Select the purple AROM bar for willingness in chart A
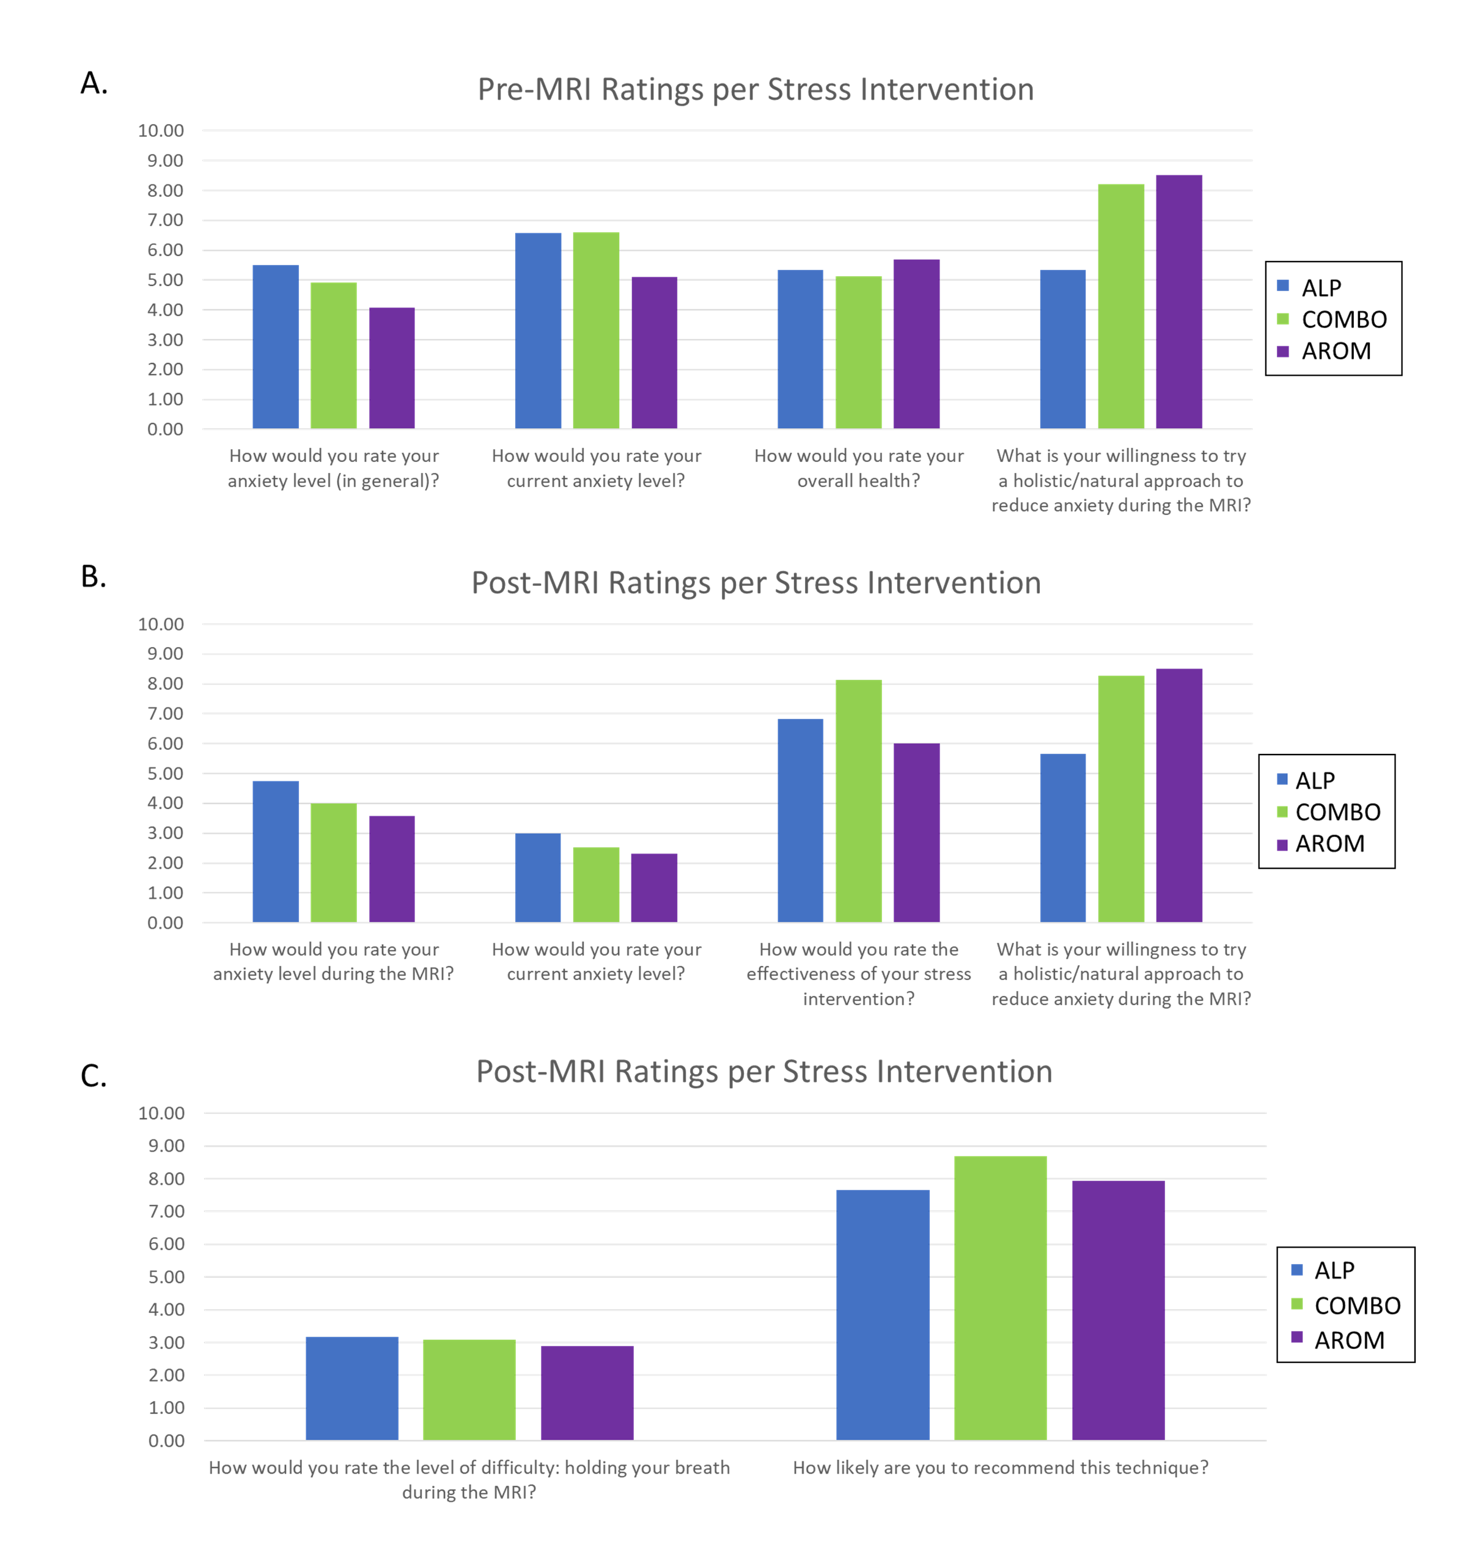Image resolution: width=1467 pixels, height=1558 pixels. (x=1178, y=302)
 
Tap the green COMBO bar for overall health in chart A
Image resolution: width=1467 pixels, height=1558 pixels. (x=859, y=352)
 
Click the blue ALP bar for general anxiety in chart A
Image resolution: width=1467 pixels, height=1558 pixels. (x=275, y=346)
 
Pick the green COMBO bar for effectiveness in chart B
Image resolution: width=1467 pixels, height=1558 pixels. (x=859, y=801)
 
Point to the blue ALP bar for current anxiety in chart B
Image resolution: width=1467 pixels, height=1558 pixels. (x=538, y=878)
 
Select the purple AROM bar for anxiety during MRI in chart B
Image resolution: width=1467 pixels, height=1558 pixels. (x=392, y=869)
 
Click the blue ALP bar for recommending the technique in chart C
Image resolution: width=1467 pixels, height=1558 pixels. (x=883, y=1315)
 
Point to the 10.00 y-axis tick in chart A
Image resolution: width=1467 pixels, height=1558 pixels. (x=161, y=131)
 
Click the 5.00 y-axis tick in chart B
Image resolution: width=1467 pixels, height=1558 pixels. (x=166, y=774)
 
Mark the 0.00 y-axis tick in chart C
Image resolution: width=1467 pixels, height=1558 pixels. (x=166, y=1441)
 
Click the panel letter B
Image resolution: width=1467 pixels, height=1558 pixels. (x=94, y=576)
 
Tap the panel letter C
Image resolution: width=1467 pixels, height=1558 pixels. (x=94, y=1075)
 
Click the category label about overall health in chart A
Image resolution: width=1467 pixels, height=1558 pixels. (x=859, y=468)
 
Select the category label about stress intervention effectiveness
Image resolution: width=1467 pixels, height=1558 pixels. (x=859, y=973)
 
